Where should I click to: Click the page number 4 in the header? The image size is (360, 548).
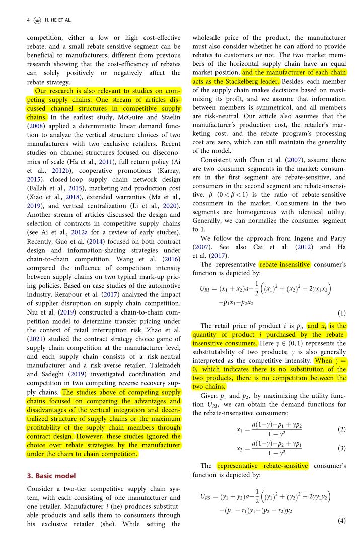point(28,20)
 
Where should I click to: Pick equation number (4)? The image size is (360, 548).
point(342,521)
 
